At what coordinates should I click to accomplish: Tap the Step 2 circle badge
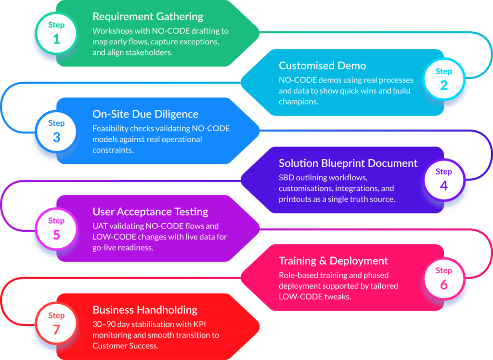[443, 80]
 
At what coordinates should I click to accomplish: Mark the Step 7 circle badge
[56, 323]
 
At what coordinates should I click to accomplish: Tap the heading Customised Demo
[322, 66]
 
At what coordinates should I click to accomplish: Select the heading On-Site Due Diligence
[145, 114]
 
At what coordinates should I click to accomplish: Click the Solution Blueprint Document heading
[348, 163]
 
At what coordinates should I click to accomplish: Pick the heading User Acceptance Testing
[150, 212]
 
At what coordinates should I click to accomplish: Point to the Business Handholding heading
[145, 310]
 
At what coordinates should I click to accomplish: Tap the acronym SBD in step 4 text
[287, 177]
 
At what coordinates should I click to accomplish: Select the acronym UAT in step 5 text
[100, 226]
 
